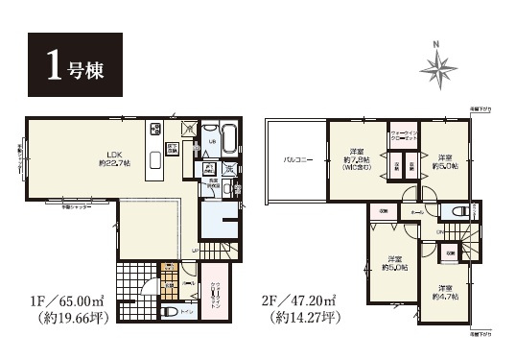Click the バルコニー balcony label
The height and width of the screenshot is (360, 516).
click(x=294, y=160)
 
